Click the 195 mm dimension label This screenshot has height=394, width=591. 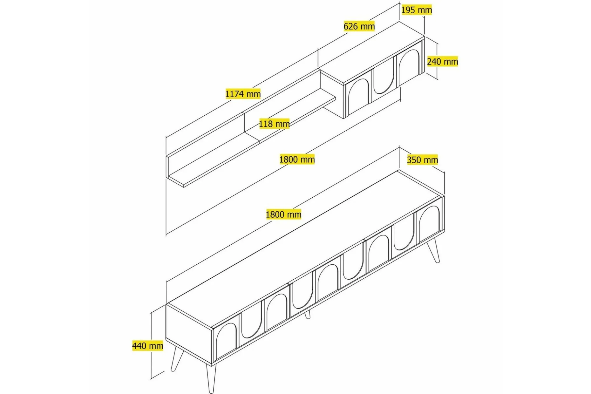pyautogui.click(x=417, y=10)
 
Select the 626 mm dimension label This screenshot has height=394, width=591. pyautogui.click(x=359, y=26)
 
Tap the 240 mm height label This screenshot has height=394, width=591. pyautogui.click(x=442, y=61)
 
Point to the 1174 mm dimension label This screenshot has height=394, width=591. pyautogui.click(x=243, y=94)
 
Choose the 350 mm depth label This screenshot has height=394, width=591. pyautogui.click(x=422, y=160)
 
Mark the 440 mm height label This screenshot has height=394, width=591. pyautogui.click(x=148, y=346)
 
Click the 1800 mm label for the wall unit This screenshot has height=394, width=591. pyautogui.click(x=297, y=159)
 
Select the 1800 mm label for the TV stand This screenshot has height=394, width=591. pyautogui.click(x=283, y=214)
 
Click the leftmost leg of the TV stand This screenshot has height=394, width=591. pyautogui.click(x=176, y=358)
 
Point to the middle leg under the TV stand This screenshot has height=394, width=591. pyautogui.click(x=307, y=315)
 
